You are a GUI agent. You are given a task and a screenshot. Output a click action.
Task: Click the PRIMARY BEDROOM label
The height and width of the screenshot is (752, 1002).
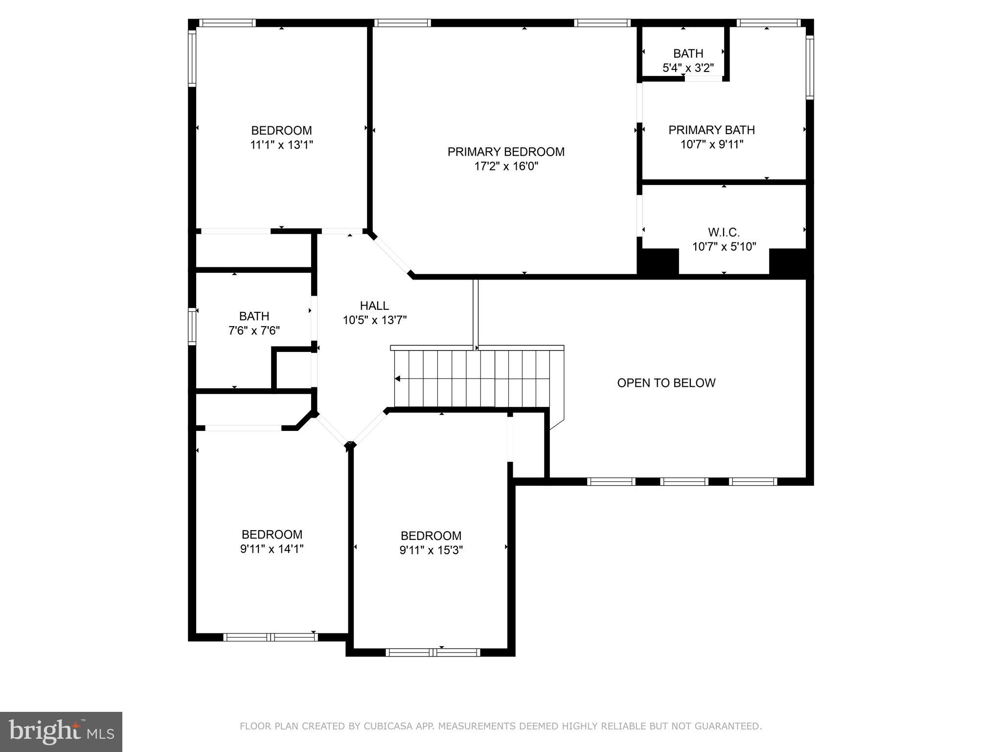point(506,152)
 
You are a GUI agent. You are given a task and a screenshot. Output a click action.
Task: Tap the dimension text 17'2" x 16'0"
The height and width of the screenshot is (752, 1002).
point(506,166)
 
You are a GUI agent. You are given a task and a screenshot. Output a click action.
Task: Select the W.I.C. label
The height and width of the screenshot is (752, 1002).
point(724,232)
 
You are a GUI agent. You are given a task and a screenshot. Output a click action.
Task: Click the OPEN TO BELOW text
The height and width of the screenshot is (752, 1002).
point(666,383)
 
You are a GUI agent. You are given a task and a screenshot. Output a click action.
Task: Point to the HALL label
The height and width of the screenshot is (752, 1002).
point(374,306)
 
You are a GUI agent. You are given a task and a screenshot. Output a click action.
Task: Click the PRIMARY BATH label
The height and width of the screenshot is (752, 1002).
point(711,130)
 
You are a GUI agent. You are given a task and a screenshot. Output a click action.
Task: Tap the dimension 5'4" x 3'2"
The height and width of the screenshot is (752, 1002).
point(688,68)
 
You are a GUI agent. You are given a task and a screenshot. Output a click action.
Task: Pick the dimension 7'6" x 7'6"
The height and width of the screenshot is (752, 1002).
point(254,331)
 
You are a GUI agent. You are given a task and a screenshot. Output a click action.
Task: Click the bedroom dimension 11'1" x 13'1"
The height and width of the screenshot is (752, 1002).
point(281,145)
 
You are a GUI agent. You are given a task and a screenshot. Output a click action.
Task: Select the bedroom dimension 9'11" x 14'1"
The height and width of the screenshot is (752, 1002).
point(272,549)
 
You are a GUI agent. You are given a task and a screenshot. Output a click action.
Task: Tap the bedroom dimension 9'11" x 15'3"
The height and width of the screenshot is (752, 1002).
point(431,550)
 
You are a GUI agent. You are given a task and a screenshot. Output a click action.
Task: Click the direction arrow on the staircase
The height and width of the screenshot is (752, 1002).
point(398,378)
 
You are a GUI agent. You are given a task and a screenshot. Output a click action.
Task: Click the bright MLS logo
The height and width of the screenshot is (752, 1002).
point(61,731)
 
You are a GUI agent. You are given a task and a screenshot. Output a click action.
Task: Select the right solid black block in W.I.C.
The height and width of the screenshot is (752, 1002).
point(787,262)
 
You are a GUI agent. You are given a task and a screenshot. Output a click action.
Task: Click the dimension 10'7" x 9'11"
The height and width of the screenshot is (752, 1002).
point(711,144)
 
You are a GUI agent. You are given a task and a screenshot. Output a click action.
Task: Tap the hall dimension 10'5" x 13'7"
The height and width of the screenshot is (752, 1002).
point(374,320)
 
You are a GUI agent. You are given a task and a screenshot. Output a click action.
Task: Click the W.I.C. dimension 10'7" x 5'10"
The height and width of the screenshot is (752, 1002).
point(724,247)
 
